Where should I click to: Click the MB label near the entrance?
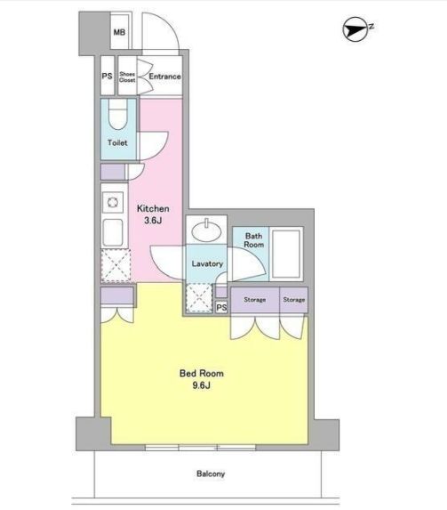pos(119,32)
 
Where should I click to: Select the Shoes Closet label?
pos(127,77)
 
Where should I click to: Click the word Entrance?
pos(164,77)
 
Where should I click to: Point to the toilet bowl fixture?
pos(117,114)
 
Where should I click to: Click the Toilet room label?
pos(117,142)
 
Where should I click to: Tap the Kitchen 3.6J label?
pos(153,215)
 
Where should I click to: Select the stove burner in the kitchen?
pos(113,202)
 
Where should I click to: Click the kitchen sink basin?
pos(113,232)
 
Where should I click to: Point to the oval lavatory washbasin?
pos(206,231)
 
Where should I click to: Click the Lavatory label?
pos(207,263)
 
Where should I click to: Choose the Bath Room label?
pos(253,240)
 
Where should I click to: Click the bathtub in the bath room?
pos(286,254)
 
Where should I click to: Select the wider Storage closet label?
pos(255,300)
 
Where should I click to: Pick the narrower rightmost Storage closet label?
pos(293,300)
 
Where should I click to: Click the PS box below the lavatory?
pos(221,307)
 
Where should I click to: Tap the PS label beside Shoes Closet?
pos(107,77)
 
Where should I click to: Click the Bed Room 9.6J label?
pos(202,379)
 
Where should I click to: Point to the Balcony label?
pos(211,474)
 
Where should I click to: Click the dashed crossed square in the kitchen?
pos(116,265)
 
